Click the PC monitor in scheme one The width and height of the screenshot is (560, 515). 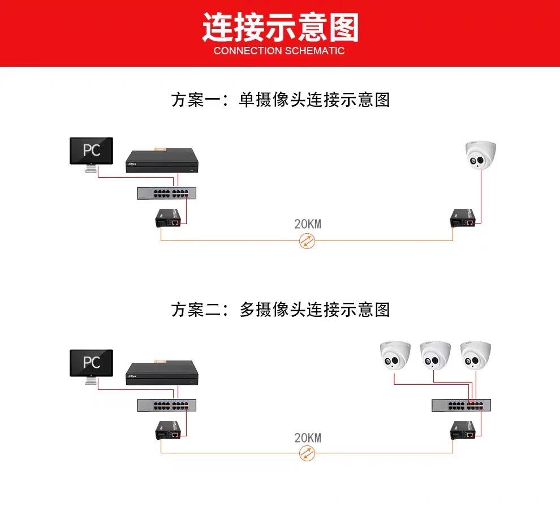(x=91, y=151)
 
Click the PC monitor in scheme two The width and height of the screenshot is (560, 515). (x=91, y=363)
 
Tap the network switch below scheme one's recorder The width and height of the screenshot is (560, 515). (x=163, y=193)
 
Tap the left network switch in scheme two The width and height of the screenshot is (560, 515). (x=163, y=406)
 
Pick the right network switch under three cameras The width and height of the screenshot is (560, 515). (x=459, y=405)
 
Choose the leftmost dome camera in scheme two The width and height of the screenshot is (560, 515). (x=394, y=355)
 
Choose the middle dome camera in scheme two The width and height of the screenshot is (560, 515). (x=435, y=355)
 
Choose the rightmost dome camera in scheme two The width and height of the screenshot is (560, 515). (x=475, y=355)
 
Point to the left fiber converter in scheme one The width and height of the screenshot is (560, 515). (x=170, y=218)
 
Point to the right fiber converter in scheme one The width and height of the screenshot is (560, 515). (x=464, y=218)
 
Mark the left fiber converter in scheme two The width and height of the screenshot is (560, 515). (x=170, y=432)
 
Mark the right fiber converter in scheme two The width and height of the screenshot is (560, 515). (x=464, y=431)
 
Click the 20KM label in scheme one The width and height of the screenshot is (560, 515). (x=307, y=224)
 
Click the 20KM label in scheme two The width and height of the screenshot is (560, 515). (x=307, y=437)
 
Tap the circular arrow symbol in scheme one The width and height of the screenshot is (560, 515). (x=307, y=241)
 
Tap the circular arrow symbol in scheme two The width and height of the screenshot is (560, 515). (x=307, y=453)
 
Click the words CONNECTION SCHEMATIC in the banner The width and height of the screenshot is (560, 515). (x=279, y=51)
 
